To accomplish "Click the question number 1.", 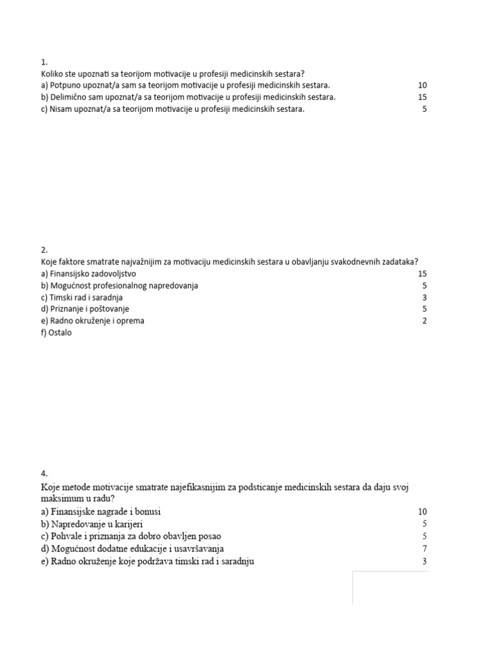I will [x=43, y=62].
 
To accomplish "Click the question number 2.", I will [x=43, y=250].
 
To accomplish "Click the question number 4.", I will [x=43, y=474].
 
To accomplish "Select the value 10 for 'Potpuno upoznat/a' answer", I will [x=422, y=86].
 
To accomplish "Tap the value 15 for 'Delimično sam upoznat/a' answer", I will [x=422, y=97].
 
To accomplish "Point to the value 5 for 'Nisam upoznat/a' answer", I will [x=425, y=109].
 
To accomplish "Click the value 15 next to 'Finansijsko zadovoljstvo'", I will [x=422, y=274].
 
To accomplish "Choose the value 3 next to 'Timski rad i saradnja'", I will [x=425, y=297].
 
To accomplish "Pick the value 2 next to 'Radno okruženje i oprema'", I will [x=425, y=321].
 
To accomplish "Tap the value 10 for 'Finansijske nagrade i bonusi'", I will [x=422, y=512].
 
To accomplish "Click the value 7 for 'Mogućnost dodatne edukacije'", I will [x=425, y=549].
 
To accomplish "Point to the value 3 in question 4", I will [x=425, y=562].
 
